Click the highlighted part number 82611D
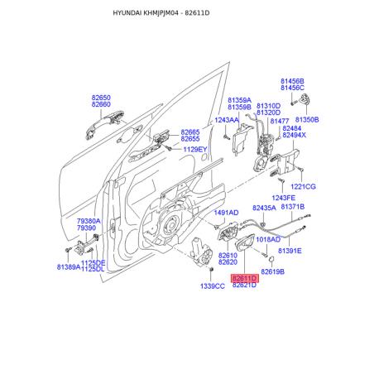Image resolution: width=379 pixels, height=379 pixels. click(245, 278)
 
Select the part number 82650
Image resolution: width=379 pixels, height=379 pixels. click(101, 98)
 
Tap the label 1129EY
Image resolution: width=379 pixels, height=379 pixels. click(195, 150)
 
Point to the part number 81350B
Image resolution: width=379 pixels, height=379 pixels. click(307, 120)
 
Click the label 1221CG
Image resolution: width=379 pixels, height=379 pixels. click(303, 187)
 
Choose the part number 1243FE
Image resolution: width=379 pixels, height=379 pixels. click(283, 198)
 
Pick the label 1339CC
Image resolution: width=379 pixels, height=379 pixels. click(213, 286)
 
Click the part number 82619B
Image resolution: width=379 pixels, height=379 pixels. click(272, 272)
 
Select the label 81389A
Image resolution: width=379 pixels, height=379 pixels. click(69, 267)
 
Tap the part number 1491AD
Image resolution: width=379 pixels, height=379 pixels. click(226, 213)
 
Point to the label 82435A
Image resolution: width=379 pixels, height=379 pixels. click(264, 208)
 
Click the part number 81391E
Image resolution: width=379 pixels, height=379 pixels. click(290, 251)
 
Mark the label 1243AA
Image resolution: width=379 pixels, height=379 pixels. click(227, 120)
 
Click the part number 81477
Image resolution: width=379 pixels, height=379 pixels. click(280, 122)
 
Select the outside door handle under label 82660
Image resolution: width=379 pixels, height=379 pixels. click(104, 123)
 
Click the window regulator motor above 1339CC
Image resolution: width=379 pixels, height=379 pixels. click(203, 252)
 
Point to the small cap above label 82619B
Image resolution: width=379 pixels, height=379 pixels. click(271, 259)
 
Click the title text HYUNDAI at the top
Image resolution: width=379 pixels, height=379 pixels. click(127, 13)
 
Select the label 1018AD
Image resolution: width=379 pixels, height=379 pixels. click(268, 240)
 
